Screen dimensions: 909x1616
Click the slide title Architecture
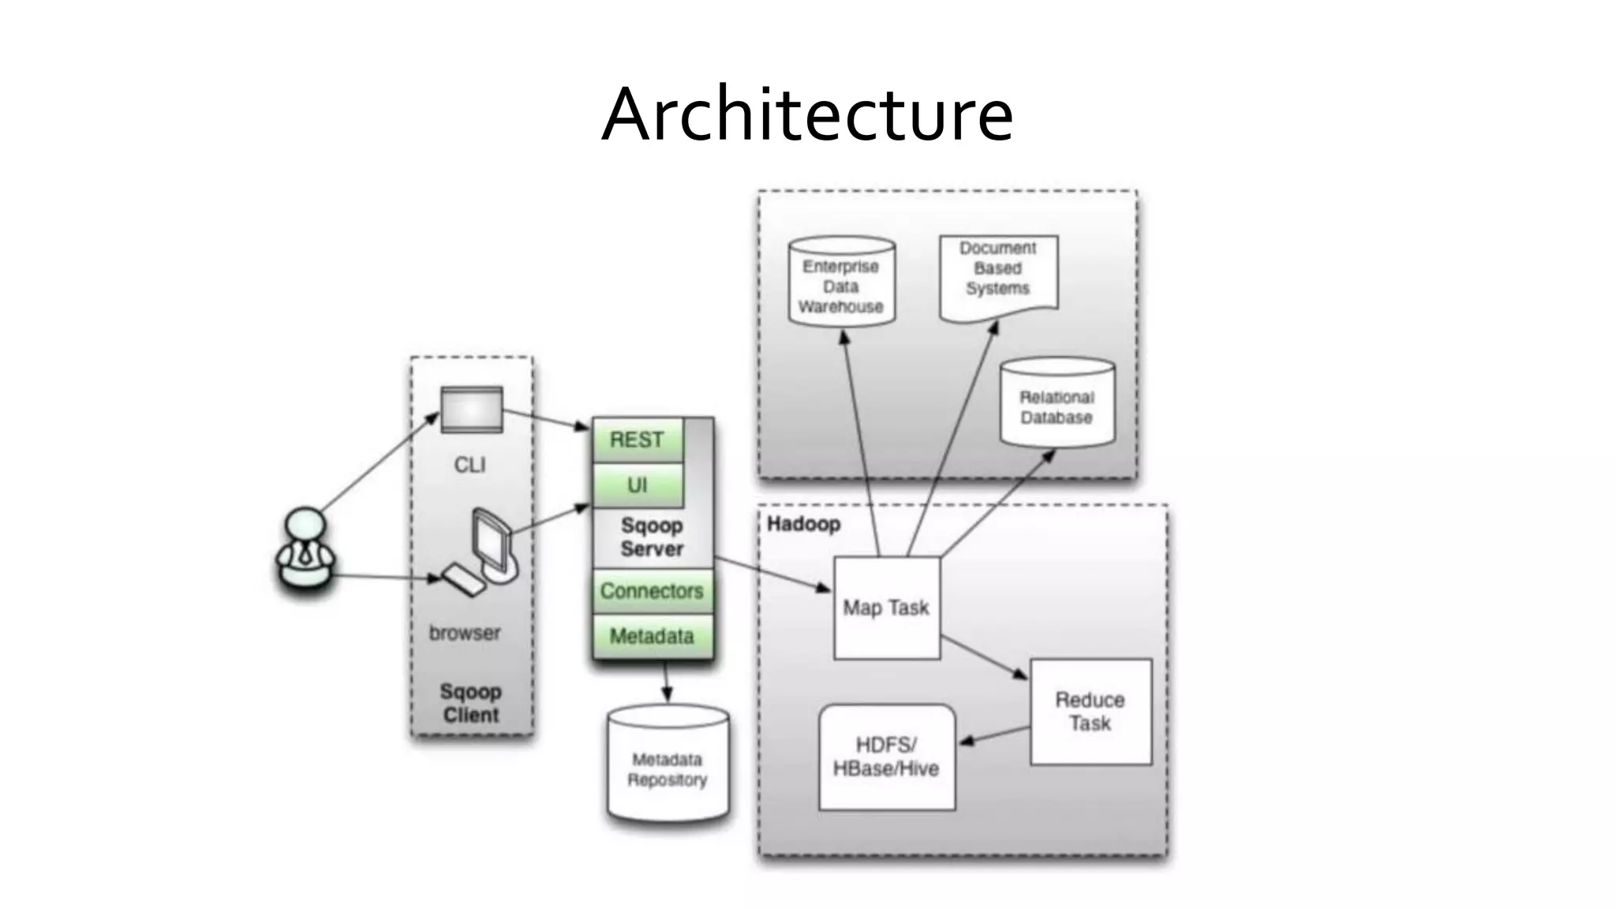point(807,115)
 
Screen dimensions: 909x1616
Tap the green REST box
point(637,440)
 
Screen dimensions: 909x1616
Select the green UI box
point(637,485)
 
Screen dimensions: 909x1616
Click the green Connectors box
point(652,591)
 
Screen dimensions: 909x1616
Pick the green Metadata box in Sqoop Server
point(652,636)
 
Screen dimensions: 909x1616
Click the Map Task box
point(886,608)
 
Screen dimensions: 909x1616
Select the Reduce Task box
point(1090,711)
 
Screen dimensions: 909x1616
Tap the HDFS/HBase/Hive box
point(886,757)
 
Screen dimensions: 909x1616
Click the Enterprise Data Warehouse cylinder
point(841,285)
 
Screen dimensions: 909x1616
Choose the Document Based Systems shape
point(998,272)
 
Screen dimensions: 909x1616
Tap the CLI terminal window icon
point(471,410)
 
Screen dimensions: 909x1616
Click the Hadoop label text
point(803,524)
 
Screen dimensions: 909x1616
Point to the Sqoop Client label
point(470,703)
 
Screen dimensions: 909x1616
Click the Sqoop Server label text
point(651,537)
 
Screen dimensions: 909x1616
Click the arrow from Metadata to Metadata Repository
point(667,682)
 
